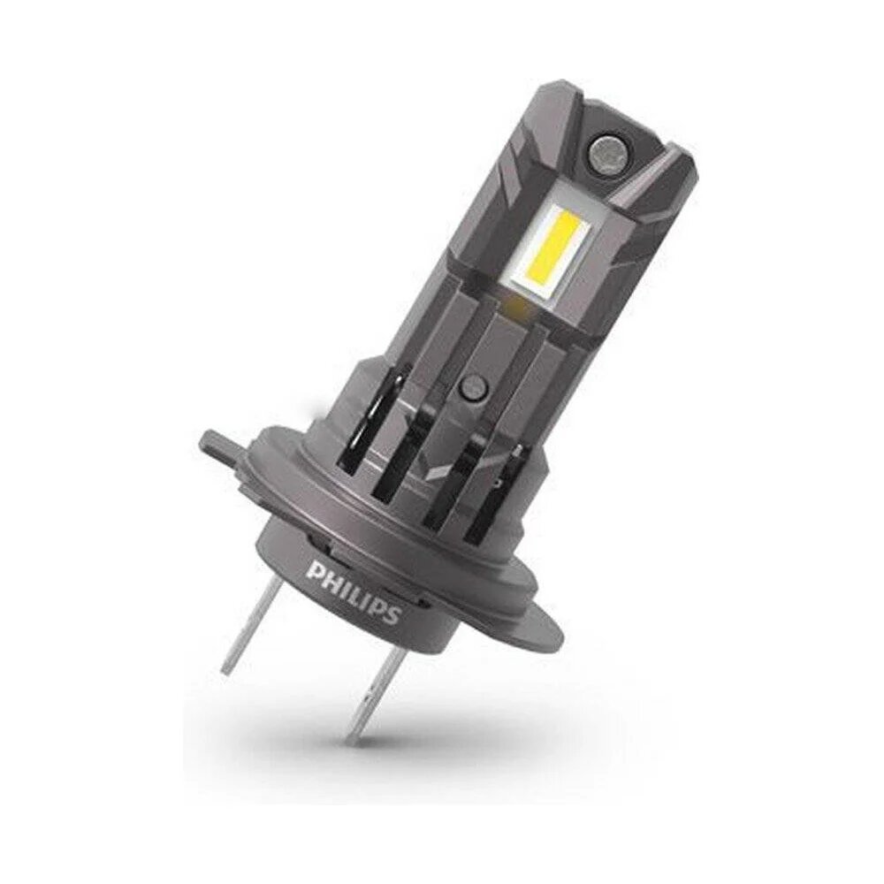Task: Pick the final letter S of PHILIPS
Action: (392, 615)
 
